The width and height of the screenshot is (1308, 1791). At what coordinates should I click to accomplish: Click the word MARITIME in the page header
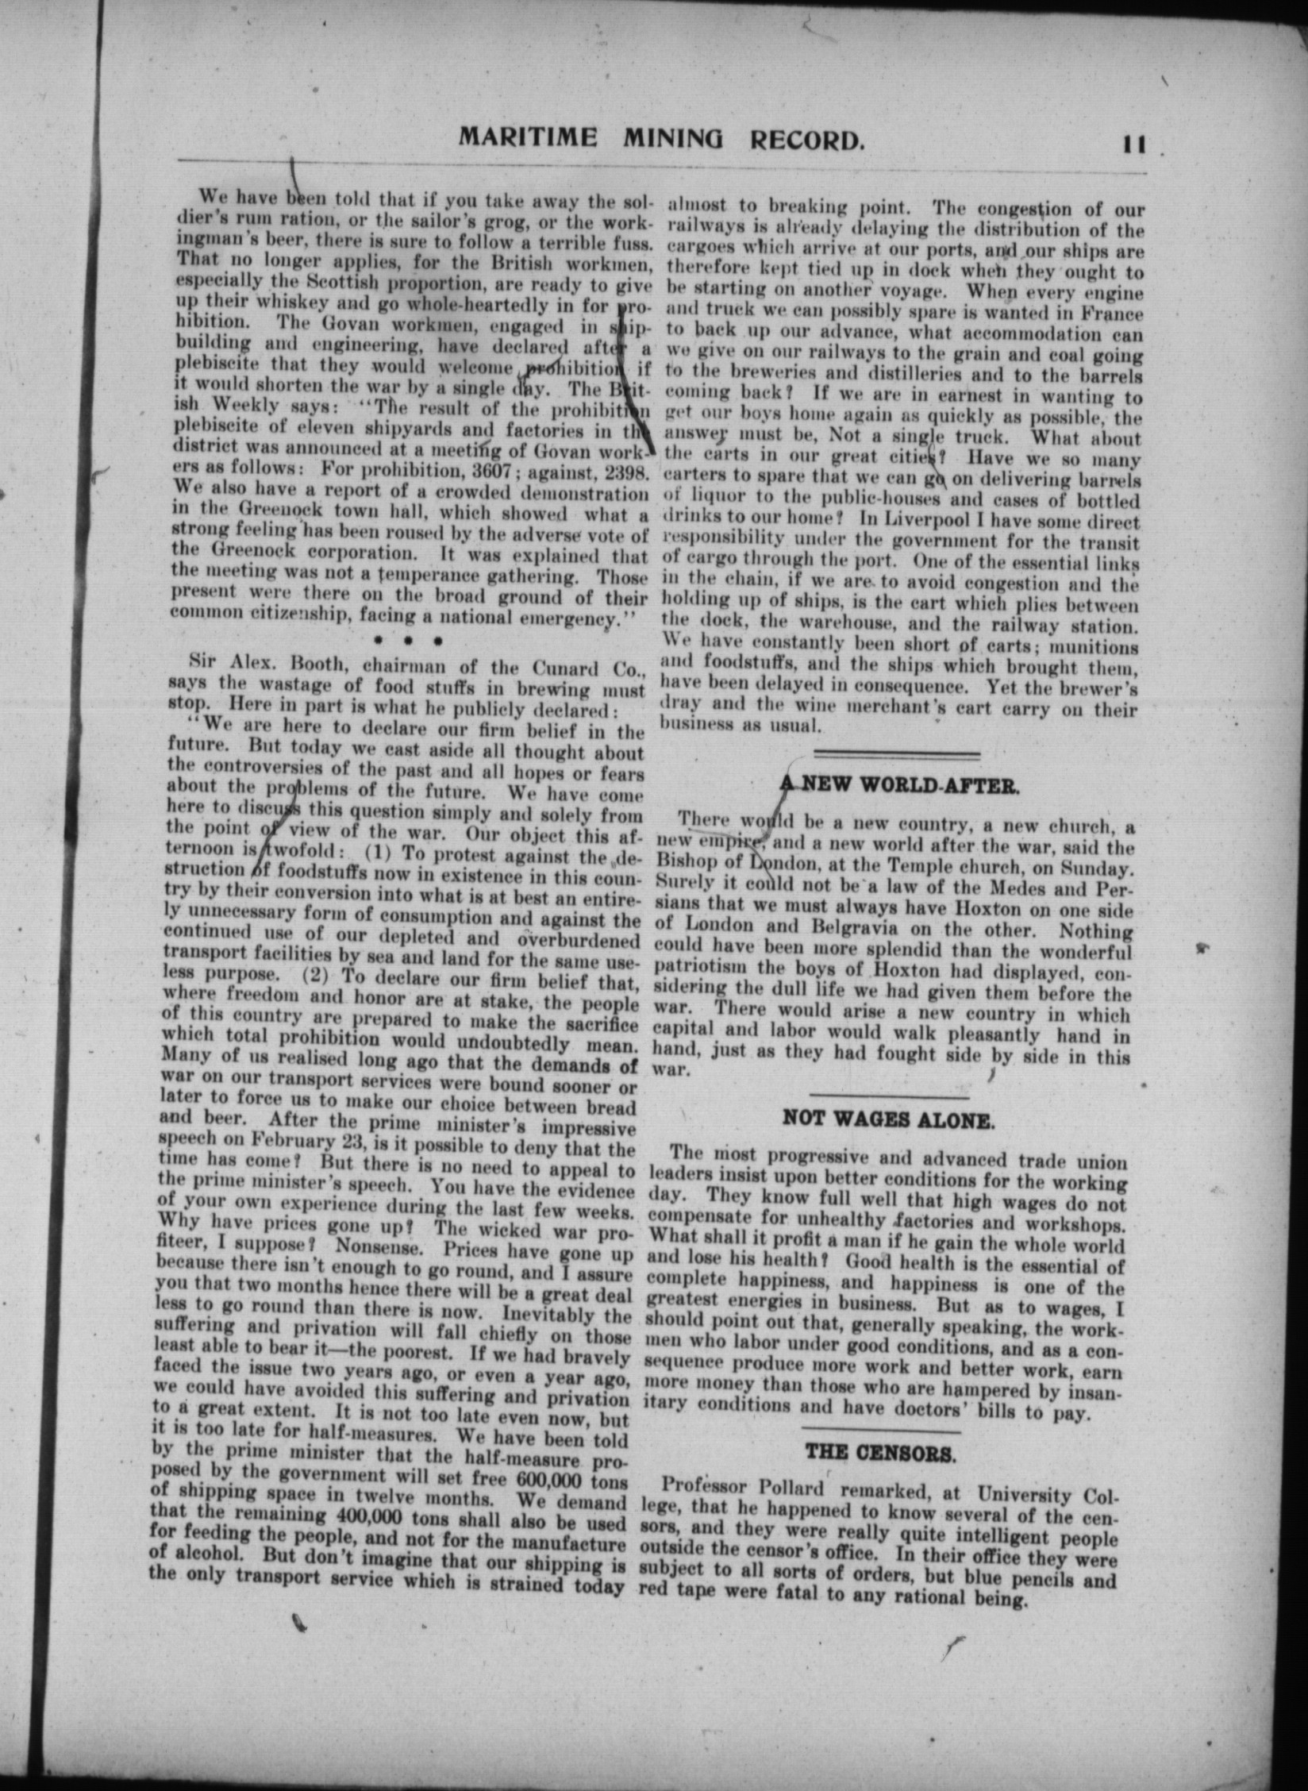pos(528,138)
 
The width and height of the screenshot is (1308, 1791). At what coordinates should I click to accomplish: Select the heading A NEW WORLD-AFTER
pos(898,786)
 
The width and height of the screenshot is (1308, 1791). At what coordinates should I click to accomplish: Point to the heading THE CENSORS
pos(880,1452)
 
